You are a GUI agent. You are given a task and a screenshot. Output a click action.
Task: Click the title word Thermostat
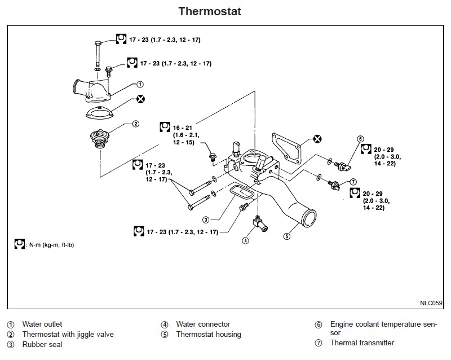(210, 11)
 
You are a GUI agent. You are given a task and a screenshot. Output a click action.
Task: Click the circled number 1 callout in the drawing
(139, 85)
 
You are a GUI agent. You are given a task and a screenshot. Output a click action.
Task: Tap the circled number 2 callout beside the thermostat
(135, 124)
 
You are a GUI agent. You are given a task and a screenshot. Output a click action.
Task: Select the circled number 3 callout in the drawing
(206, 219)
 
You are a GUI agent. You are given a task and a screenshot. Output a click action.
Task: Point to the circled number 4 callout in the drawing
(245, 240)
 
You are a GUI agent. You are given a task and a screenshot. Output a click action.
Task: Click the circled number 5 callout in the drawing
(286, 236)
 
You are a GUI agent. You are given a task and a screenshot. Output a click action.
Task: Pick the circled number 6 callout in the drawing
(360, 138)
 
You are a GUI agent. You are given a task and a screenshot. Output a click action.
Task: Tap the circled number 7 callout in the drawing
(353, 182)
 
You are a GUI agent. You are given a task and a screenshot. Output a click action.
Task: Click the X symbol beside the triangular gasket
(140, 99)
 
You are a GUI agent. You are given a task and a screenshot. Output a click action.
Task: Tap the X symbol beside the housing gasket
(317, 138)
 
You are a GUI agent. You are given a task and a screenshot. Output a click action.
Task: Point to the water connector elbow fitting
(260, 224)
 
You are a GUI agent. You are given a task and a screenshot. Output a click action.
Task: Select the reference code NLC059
(431, 302)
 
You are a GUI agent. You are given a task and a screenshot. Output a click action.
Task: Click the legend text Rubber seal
(42, 345)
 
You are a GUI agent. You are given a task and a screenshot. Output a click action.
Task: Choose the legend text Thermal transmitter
(362, 343)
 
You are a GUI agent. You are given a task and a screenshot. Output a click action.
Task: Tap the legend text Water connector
(203, 324)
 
